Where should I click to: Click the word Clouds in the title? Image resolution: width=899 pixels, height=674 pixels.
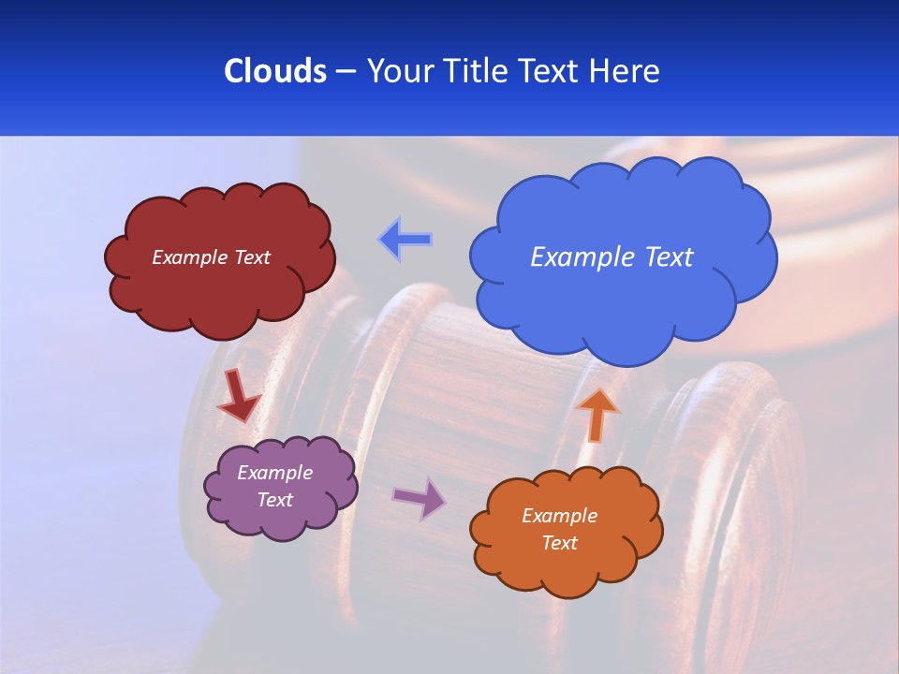point(274,71)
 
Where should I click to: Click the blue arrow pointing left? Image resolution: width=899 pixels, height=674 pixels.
point(405,240)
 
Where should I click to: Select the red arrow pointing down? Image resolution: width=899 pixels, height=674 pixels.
point(239,396)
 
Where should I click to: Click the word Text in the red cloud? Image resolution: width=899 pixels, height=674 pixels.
point(253,257)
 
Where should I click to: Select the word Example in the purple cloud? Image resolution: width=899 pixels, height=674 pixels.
point(274,473)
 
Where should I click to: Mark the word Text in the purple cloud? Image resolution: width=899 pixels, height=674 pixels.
point(275,500)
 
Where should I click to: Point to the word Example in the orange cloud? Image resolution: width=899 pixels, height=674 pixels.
point(559,516)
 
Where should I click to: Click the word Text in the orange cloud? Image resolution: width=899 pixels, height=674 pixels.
point(559,543)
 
